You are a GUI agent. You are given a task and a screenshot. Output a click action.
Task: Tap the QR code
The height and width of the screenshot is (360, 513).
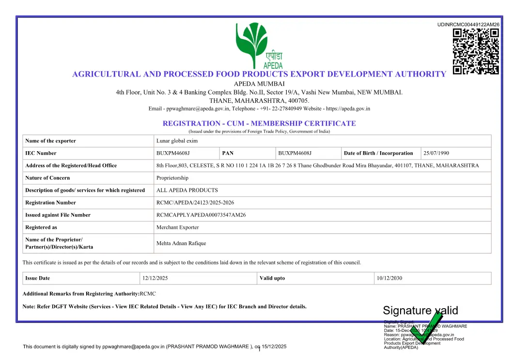[476, 51]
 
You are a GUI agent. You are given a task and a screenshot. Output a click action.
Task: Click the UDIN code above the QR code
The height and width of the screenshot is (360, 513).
[468, 24]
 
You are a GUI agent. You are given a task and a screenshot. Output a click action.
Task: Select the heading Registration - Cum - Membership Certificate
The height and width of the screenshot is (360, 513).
[259, 124]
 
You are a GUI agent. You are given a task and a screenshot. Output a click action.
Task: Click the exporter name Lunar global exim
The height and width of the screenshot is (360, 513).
[177, 141]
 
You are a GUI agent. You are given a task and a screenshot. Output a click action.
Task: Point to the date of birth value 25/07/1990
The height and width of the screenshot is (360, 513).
[436, 153]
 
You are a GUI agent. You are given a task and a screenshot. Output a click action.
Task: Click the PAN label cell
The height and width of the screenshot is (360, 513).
[228, 153]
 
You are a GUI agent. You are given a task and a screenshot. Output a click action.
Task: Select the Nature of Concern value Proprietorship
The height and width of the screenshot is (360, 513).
[172, 178]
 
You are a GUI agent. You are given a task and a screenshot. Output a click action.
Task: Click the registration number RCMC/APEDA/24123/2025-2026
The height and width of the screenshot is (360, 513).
[195, 203]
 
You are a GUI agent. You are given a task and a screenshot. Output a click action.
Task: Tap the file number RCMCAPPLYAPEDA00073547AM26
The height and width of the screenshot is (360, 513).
[201, 215]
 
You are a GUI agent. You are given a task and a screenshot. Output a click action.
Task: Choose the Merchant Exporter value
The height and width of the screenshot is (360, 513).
[177, 227]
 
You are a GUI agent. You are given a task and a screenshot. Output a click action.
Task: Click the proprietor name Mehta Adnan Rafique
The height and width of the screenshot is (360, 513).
[181, 243]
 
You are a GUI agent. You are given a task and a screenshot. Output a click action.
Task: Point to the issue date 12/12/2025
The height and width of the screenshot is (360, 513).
[155, 278]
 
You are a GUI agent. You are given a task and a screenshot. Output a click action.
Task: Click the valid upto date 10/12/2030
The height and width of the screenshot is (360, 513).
[389, 278]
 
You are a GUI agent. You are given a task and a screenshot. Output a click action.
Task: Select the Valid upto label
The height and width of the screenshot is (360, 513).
[272, 278]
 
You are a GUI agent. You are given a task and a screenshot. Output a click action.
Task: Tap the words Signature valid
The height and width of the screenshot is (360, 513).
[420, 311]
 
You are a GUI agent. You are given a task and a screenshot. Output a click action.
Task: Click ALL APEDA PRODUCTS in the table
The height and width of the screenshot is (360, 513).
[187, 190]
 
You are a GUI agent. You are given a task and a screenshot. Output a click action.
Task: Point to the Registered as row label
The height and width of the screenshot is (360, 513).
[41, 227]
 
